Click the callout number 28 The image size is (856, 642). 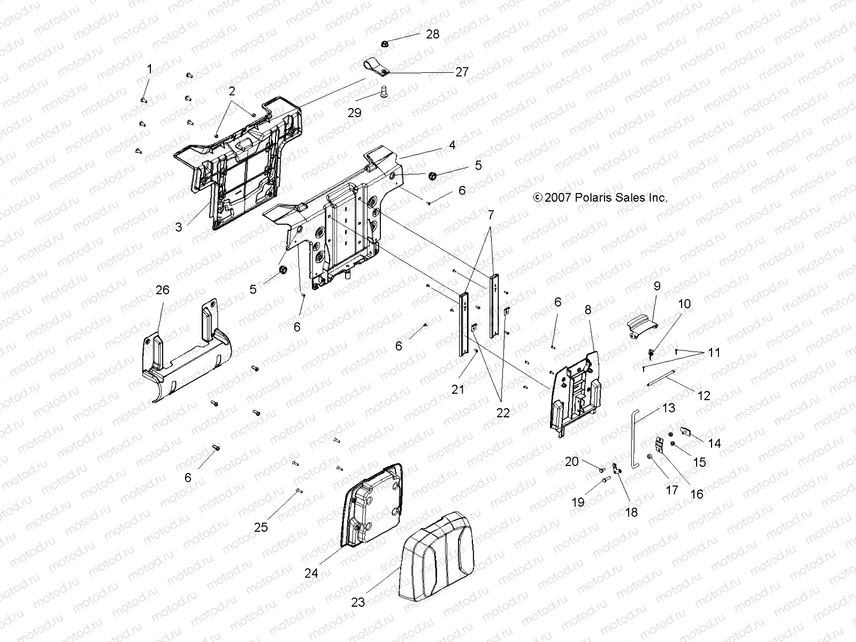pyautogui.click(x=432, y=34)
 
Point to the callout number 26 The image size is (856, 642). pyautogui.click(x=162, y=289)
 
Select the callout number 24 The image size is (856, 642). pyautogui.click(x=311, y=573)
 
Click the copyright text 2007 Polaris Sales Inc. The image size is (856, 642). pyautogui.click(x=600, y=197)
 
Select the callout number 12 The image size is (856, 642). pyautogui.click(x=705, y=396)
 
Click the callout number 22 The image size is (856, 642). pyautogui.click(x=503, y=412)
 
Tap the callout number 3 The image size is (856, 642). pyautogui.click(x=179, y=227)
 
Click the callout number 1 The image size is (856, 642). pyautogui.click(x=149, y=68)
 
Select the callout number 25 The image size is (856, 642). pyautogui.click(x=261, y=527)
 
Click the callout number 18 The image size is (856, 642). pyautogui.click(x=631, y=512)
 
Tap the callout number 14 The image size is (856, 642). pyautogui.click(x=714, y=444)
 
